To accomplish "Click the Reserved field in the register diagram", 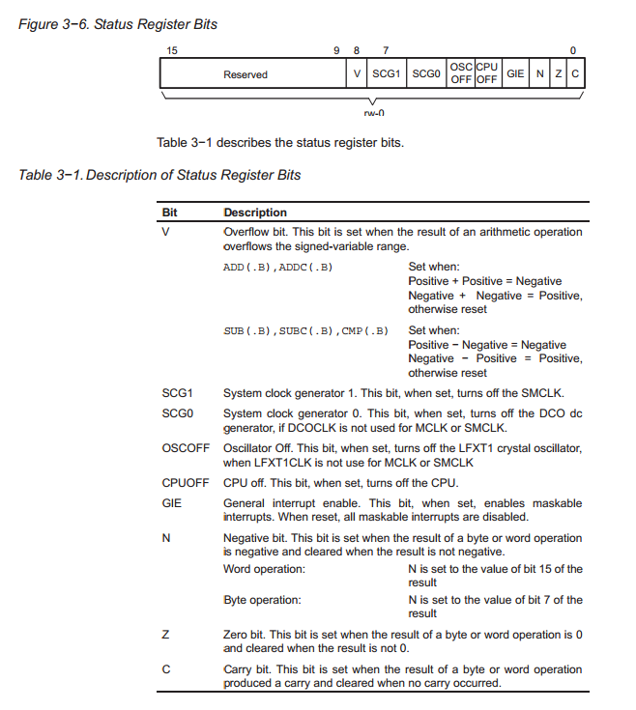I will pyautogui.click(x=245, y=74).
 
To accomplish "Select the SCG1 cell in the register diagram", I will pyautogui.click(x=386, y=74).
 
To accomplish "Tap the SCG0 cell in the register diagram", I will pyautogui.click(x=425, y=74).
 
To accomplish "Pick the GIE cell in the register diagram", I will pyautogui.click(x=515, y=74).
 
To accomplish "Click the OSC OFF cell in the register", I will pyautogui.click(x=461, y=73).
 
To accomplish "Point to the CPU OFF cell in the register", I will pyautogui.click(x=486, y=73).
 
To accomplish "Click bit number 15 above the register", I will pyautogui.click(x=171, y=49).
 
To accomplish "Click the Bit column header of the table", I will pyautogui.click(x=170, y=213).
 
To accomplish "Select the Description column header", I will pyautogui.click(x=255, y=213).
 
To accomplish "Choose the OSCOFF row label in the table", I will pyautogui.click(x=184, y=448).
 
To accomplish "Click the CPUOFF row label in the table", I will pyautogui.click(x=185, y=483).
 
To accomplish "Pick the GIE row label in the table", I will pyautogui.click(x=171, y=503).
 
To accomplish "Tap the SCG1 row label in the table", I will pyautogui.click(x=177, y=393).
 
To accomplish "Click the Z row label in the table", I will pyautogui.click(x=165, y=635).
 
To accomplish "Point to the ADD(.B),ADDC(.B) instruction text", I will pyautogui.click(x=277, y=268).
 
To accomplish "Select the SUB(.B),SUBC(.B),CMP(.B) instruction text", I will pyautogui.click(x=305, y=331).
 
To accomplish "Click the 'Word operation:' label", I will pyautogui.click(x=264, y=569).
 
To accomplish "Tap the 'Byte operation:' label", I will pyautogui.click(x=262, y=600).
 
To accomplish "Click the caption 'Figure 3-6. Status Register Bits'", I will pyautogui.click(x=118, y=24).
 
